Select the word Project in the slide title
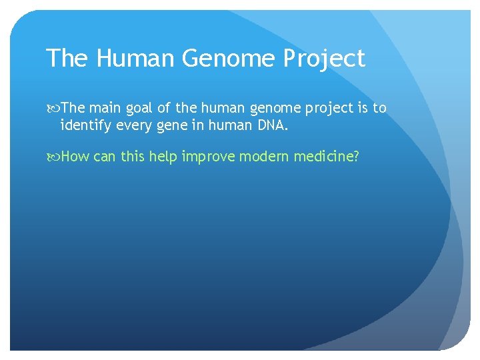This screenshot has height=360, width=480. pyautogui.click(x=324, y=59)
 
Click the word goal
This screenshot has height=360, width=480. pyautogui.click(x=139, y=108)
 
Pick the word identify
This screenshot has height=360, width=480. pyautogui.click(x=83, y=124)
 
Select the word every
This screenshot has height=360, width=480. pyautogui.click(x=133, y=124)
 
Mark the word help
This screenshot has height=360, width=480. pyautogui.click(x=163, y=156)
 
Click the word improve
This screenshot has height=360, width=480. pyautogui.click(x=207, y=156)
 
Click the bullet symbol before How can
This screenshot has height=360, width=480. pyautogui.click(x=53, y=157)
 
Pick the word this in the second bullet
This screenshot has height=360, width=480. pyautogui.click(x=132, y=156)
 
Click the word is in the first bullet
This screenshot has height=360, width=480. pyautogui.click(x=360, y=108)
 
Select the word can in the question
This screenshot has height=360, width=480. pyautogui.click(x=105, y=156)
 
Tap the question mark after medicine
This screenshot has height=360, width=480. pyautogui.click(x=356, y=156)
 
